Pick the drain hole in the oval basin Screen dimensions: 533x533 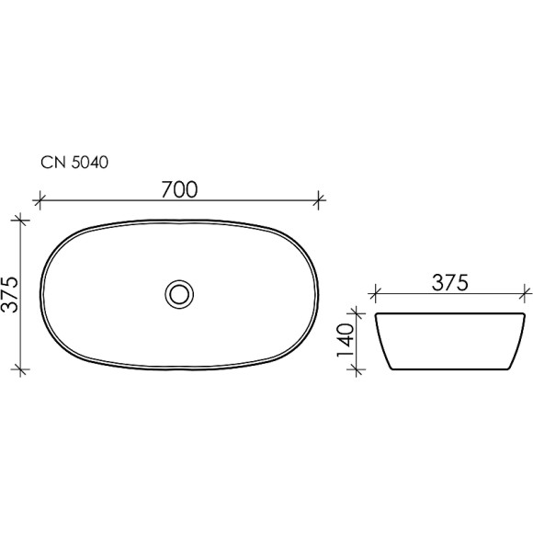pos(180,294)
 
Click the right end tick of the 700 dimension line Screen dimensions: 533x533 pos(319,198)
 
